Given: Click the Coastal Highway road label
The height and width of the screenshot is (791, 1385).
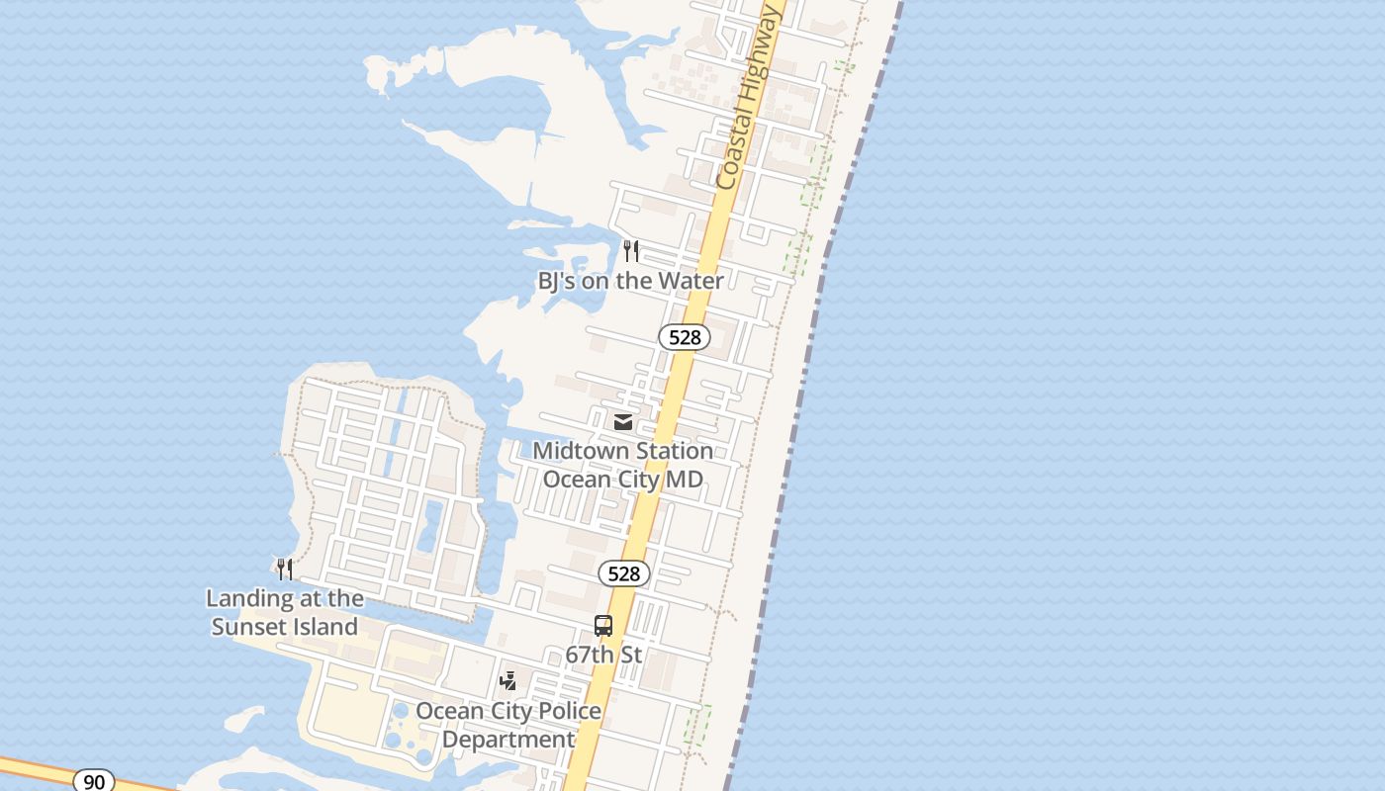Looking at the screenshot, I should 750,97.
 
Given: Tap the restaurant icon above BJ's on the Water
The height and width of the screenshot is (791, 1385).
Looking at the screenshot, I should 631,251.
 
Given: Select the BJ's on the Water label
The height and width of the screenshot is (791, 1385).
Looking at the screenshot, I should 630,281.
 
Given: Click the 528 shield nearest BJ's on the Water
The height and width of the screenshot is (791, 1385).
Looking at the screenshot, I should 685,337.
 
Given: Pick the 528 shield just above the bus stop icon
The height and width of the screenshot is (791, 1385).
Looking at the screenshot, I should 624,573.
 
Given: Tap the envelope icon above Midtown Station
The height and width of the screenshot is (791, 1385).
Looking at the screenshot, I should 623,422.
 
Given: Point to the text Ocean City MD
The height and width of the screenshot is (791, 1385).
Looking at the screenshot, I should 623,480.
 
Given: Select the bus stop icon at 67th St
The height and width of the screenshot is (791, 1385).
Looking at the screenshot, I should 603,626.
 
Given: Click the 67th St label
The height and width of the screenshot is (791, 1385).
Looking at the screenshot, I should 603,655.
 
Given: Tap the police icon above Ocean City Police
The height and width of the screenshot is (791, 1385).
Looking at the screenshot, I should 508,681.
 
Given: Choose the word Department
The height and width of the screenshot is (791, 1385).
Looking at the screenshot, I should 508,740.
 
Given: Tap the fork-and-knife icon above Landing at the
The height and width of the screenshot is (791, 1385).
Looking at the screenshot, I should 285,569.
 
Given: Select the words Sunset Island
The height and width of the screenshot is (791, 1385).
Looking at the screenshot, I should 285,627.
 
